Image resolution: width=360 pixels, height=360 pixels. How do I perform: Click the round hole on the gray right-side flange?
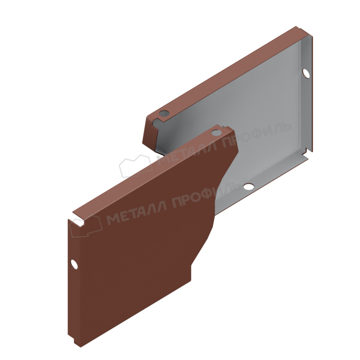[306, 73]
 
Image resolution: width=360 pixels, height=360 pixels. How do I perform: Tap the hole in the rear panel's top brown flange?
[164, 113]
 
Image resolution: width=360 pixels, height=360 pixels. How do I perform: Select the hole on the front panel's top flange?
[216, 132]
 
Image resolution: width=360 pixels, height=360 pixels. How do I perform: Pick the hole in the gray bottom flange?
[248, 186]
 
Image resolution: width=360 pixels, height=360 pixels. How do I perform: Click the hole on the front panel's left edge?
[74, 264]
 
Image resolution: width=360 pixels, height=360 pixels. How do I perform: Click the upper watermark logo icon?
[135, 166]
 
